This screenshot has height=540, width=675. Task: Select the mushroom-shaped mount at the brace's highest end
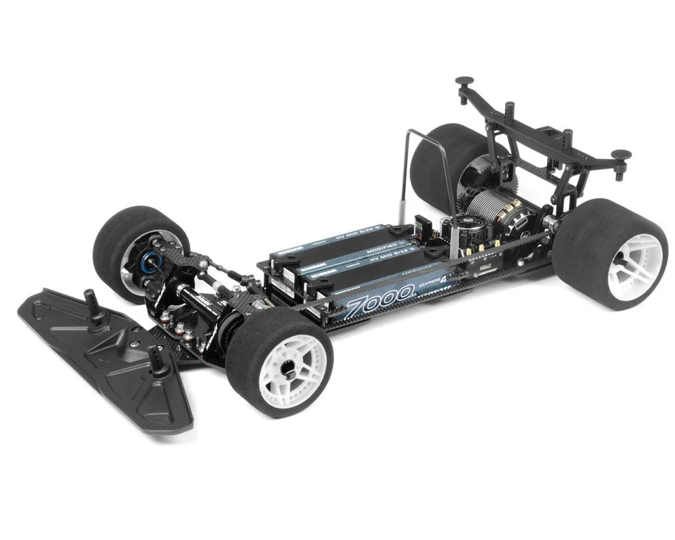pyautogui.click(x=465, y=83)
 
